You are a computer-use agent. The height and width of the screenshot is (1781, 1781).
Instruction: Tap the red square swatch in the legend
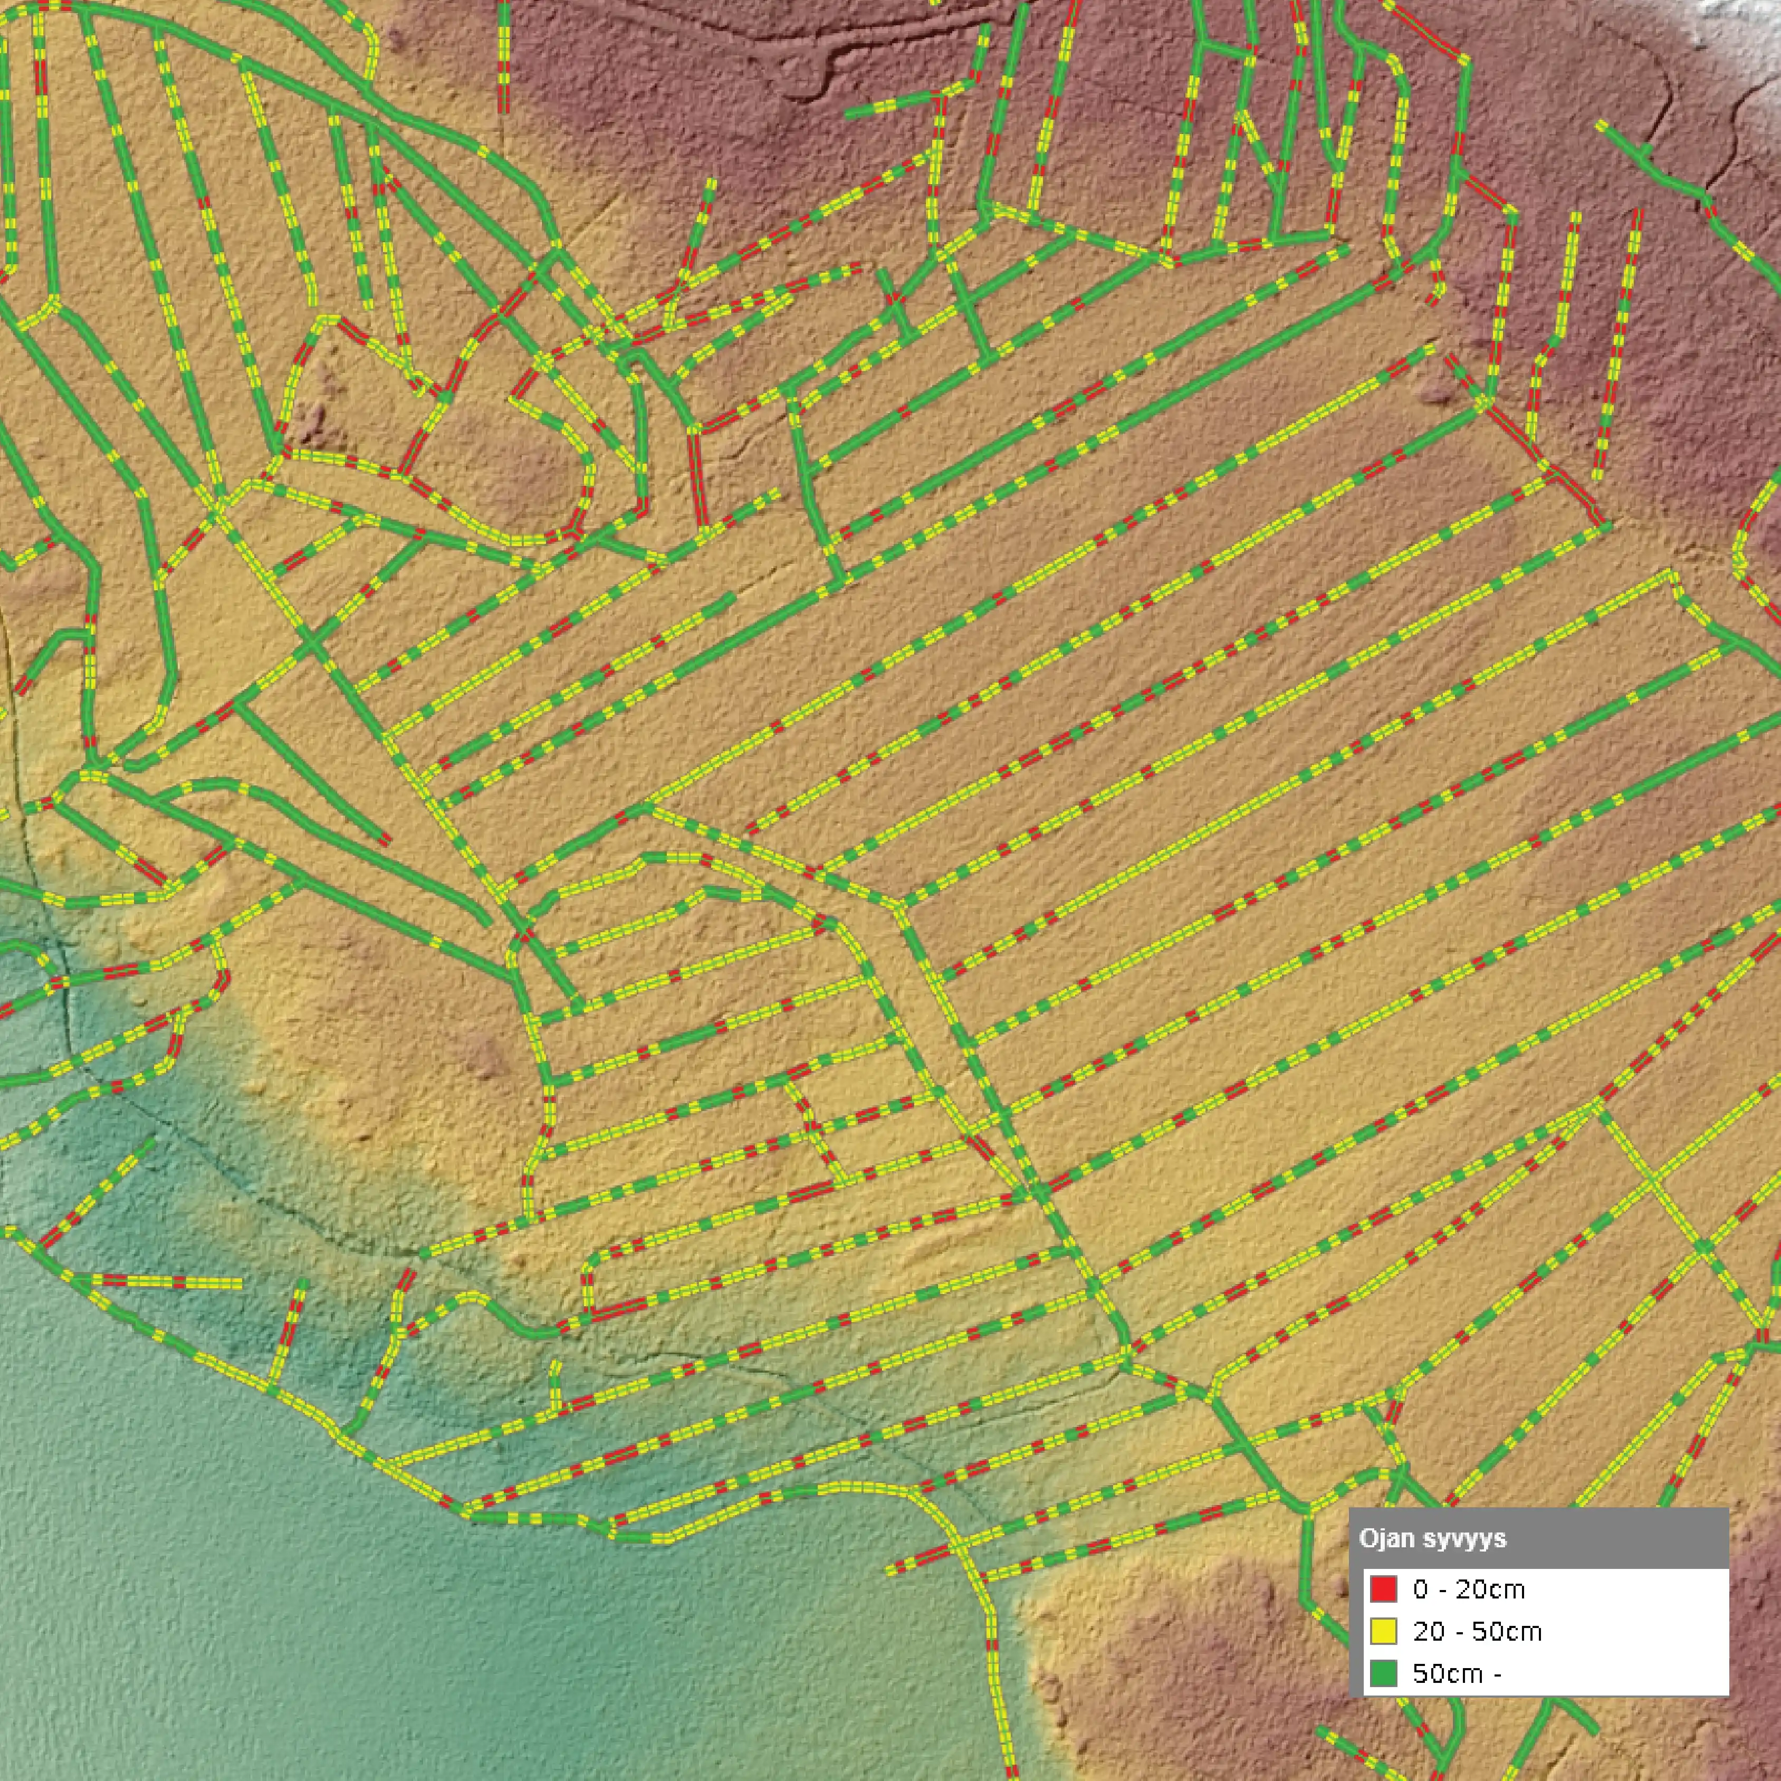[1383, 1588]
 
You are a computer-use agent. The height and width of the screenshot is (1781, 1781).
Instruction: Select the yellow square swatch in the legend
[1383, 1631]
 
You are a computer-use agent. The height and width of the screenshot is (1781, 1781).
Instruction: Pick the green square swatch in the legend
[1383, 1673]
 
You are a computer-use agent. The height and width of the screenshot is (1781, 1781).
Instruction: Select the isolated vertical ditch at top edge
[503, 55]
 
